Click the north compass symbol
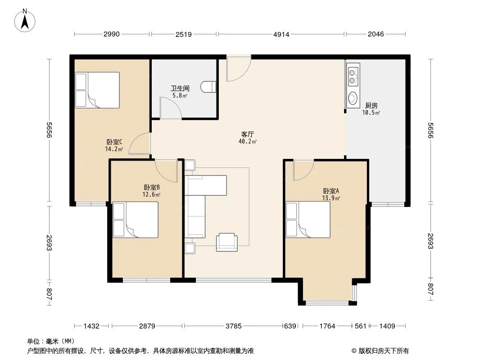pyautogui.click(x=26, y=20)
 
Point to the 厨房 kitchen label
pyautogui.click(x=371, y=105)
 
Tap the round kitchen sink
pyautogui.click(x=352, y=98)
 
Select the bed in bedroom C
pyautogui.click(x=97, y=90)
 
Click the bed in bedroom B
pyautogui.click(x=136, y=220)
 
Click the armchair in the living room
pyautogui.click(x=226, y=242)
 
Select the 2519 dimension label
pyautogui.click(x=184, y=34)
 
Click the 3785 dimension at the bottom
pyautogui.click(x=233, y=326)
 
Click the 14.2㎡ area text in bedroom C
pyautogui.click(x=114, y=149)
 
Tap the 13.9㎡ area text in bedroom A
pyautogui.click(x=331, y=198)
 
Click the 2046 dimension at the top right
pyautogui.click(x=375, y=34)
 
